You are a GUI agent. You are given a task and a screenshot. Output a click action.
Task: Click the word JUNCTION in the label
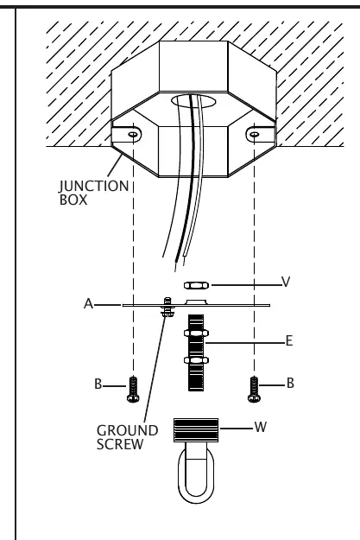pos(94,187)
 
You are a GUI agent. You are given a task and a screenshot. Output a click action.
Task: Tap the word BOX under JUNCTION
pos(73,200)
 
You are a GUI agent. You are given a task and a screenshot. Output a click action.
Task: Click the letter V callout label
pos(286,282)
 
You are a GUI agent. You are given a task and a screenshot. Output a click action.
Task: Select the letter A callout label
pos(88,304)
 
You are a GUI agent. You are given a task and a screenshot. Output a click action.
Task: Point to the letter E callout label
pos(289,341)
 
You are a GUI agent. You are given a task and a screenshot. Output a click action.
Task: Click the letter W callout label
pos(261,427)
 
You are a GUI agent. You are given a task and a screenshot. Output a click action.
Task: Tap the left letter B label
pos(98,384)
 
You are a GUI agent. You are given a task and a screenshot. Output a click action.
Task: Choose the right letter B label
pos(290,383)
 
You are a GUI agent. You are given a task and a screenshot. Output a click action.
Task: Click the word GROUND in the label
pos(128,430)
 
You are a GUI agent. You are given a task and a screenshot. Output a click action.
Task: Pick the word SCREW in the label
pos(120,444)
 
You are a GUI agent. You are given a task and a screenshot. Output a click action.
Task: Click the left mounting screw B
pos(133,390)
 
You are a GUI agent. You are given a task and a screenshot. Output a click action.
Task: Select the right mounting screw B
pos(254,390)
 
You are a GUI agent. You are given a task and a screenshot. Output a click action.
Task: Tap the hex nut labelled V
pos(196,285)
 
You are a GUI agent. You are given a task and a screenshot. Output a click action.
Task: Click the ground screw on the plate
pos(167,308)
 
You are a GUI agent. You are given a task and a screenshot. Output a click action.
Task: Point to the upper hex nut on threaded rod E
pos(196,333)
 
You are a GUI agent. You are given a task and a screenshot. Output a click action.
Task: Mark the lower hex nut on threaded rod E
pos(196,360)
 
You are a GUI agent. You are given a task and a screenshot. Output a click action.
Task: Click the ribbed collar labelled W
pos(196,430)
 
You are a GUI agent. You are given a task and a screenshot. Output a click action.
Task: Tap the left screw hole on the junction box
pos(133,134)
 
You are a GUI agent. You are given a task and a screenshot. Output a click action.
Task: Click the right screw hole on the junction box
pos(254,134)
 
